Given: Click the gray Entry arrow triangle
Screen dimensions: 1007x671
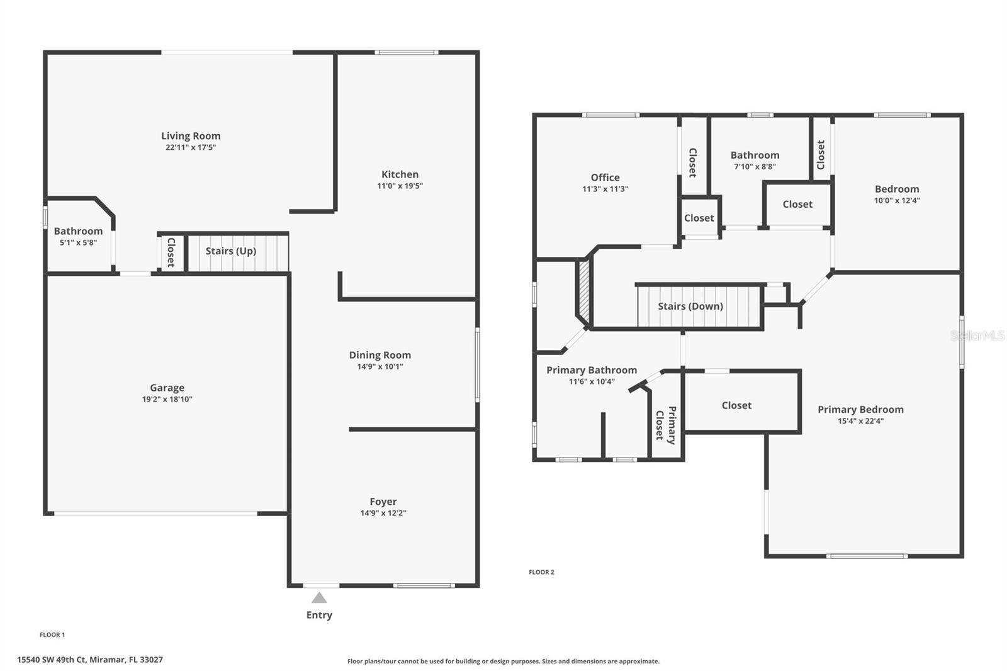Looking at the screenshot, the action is [x=319, y=598].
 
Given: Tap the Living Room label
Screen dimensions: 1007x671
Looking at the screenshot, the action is [x=191, y=136].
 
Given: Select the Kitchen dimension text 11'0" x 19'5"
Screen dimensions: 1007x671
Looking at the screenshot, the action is [x=400, y=186].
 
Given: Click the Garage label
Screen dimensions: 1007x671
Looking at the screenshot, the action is [x=167, y=388].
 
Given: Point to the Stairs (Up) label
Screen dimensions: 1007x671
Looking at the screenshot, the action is [x=230, y=251].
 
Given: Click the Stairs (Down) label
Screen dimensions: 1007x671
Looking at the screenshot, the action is [x=690, y=307].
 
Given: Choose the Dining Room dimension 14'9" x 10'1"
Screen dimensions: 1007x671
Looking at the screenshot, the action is [x=380, y=366].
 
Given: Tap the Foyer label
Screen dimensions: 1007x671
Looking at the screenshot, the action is [x=383, y=502].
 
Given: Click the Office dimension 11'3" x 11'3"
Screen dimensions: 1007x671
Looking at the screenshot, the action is [x=605, y=189].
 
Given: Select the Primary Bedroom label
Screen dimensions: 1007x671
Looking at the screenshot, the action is [x=860, y=410].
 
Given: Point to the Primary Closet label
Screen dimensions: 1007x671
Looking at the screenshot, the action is [x=666, y=425].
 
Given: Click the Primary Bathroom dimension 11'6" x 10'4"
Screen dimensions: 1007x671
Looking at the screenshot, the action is [x=592, y=382].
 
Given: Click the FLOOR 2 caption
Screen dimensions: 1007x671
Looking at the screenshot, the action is [x=541, y=572].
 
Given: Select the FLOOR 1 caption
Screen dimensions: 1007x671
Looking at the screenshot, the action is [x=52, y=634].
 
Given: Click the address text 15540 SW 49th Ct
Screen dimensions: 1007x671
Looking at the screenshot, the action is [x=51, y=660].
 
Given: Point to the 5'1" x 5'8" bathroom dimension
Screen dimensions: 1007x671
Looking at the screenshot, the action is [x=78, y=242].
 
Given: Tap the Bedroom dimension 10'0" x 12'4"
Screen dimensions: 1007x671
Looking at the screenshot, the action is [x=897, y=201].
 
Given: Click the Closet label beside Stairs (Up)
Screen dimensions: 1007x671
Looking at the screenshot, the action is [x=171, y=252].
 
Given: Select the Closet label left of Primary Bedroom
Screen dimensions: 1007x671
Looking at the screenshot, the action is [x=736, y=405].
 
